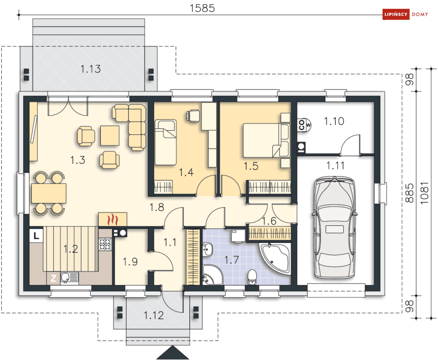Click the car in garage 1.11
coord(335,228)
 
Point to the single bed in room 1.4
coord(166,143)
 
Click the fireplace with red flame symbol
coord(113,219)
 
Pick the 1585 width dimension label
coord(202,8)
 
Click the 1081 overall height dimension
coord(424,193)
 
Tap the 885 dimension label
coord(409,193)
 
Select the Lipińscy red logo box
coord(396,14)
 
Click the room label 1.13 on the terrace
coord(91,69)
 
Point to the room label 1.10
coord(334,121)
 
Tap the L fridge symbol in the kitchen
coord(36,236)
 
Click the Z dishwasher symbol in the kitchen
coord(53,278)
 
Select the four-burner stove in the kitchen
coord(105,244)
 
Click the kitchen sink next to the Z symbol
coord(70,278)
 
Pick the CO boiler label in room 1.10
coord(302,125)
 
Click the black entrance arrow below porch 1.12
coord(173,353)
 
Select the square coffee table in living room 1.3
coord(110,136)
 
